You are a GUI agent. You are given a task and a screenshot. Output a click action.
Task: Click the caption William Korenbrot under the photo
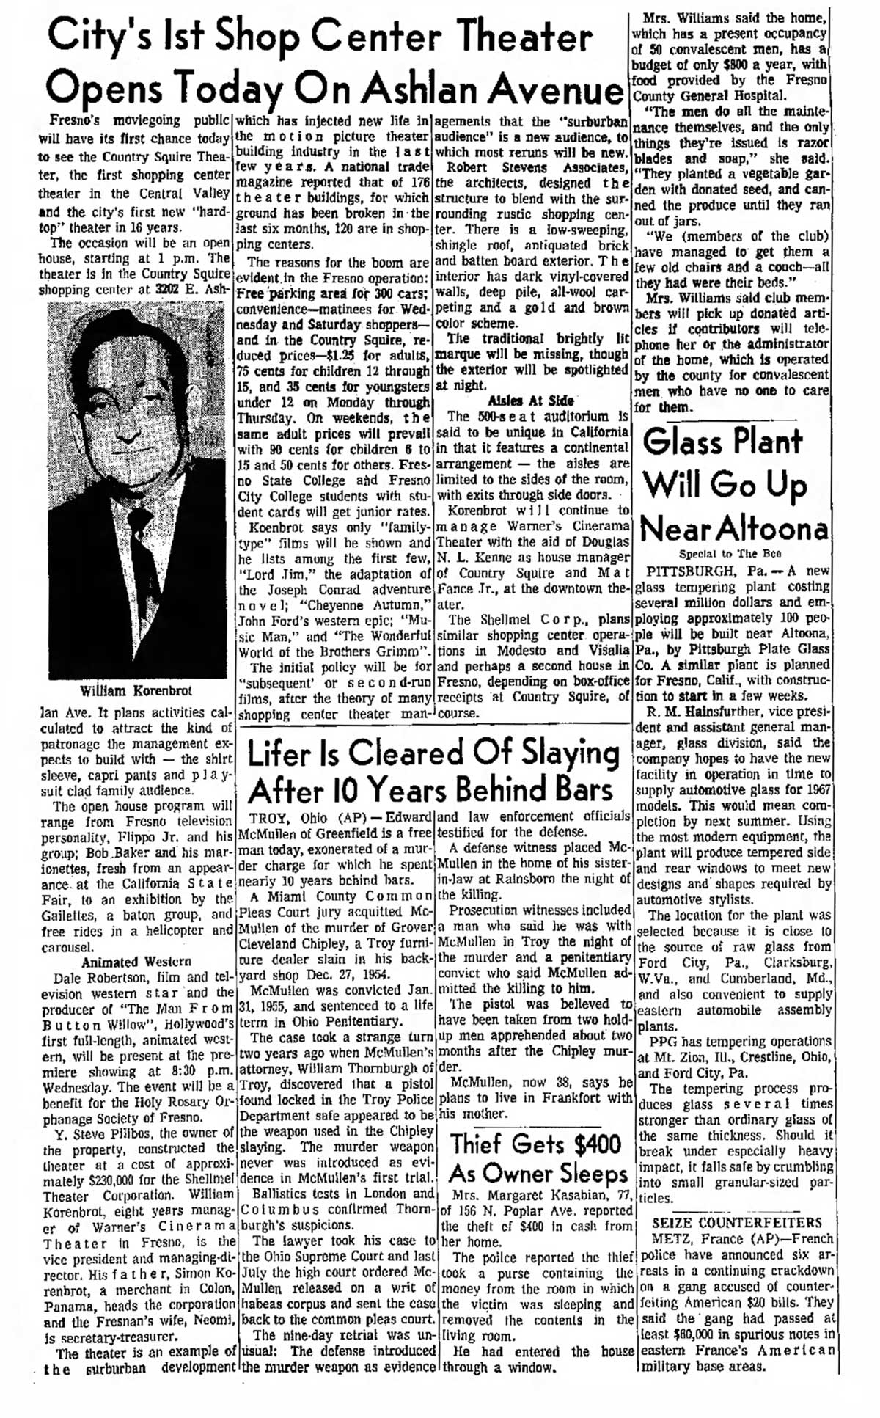click(x=136, y=691)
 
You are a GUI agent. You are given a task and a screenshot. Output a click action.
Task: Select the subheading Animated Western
click(x=136, y=962)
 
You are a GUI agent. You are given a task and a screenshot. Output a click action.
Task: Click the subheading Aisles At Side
click(x=532, y=401)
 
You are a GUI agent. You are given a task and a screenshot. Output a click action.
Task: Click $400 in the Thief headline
click(x=590, y=1144)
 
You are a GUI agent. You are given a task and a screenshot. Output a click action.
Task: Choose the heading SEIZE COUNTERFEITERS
click(x=737, y=1223)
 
